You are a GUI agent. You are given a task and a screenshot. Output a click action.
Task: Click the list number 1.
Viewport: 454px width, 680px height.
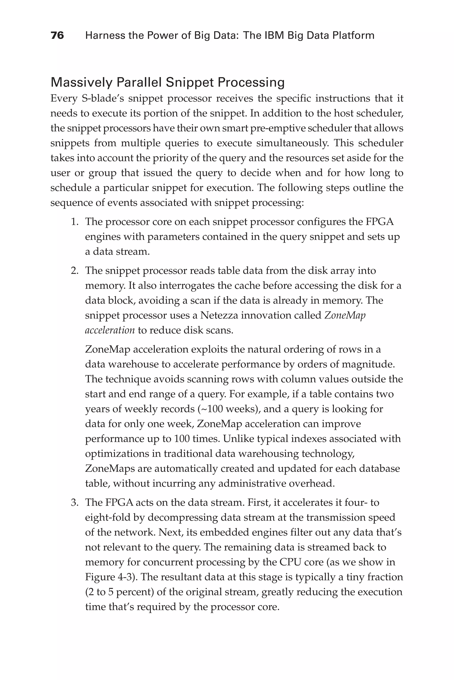point(74,222)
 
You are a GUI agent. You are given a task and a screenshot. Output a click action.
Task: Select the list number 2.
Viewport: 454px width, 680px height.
point(74,271)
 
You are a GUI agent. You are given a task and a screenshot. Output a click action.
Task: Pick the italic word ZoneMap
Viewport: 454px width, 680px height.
point(345,315)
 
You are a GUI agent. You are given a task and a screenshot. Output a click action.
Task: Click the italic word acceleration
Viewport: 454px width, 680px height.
point(110,330)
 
